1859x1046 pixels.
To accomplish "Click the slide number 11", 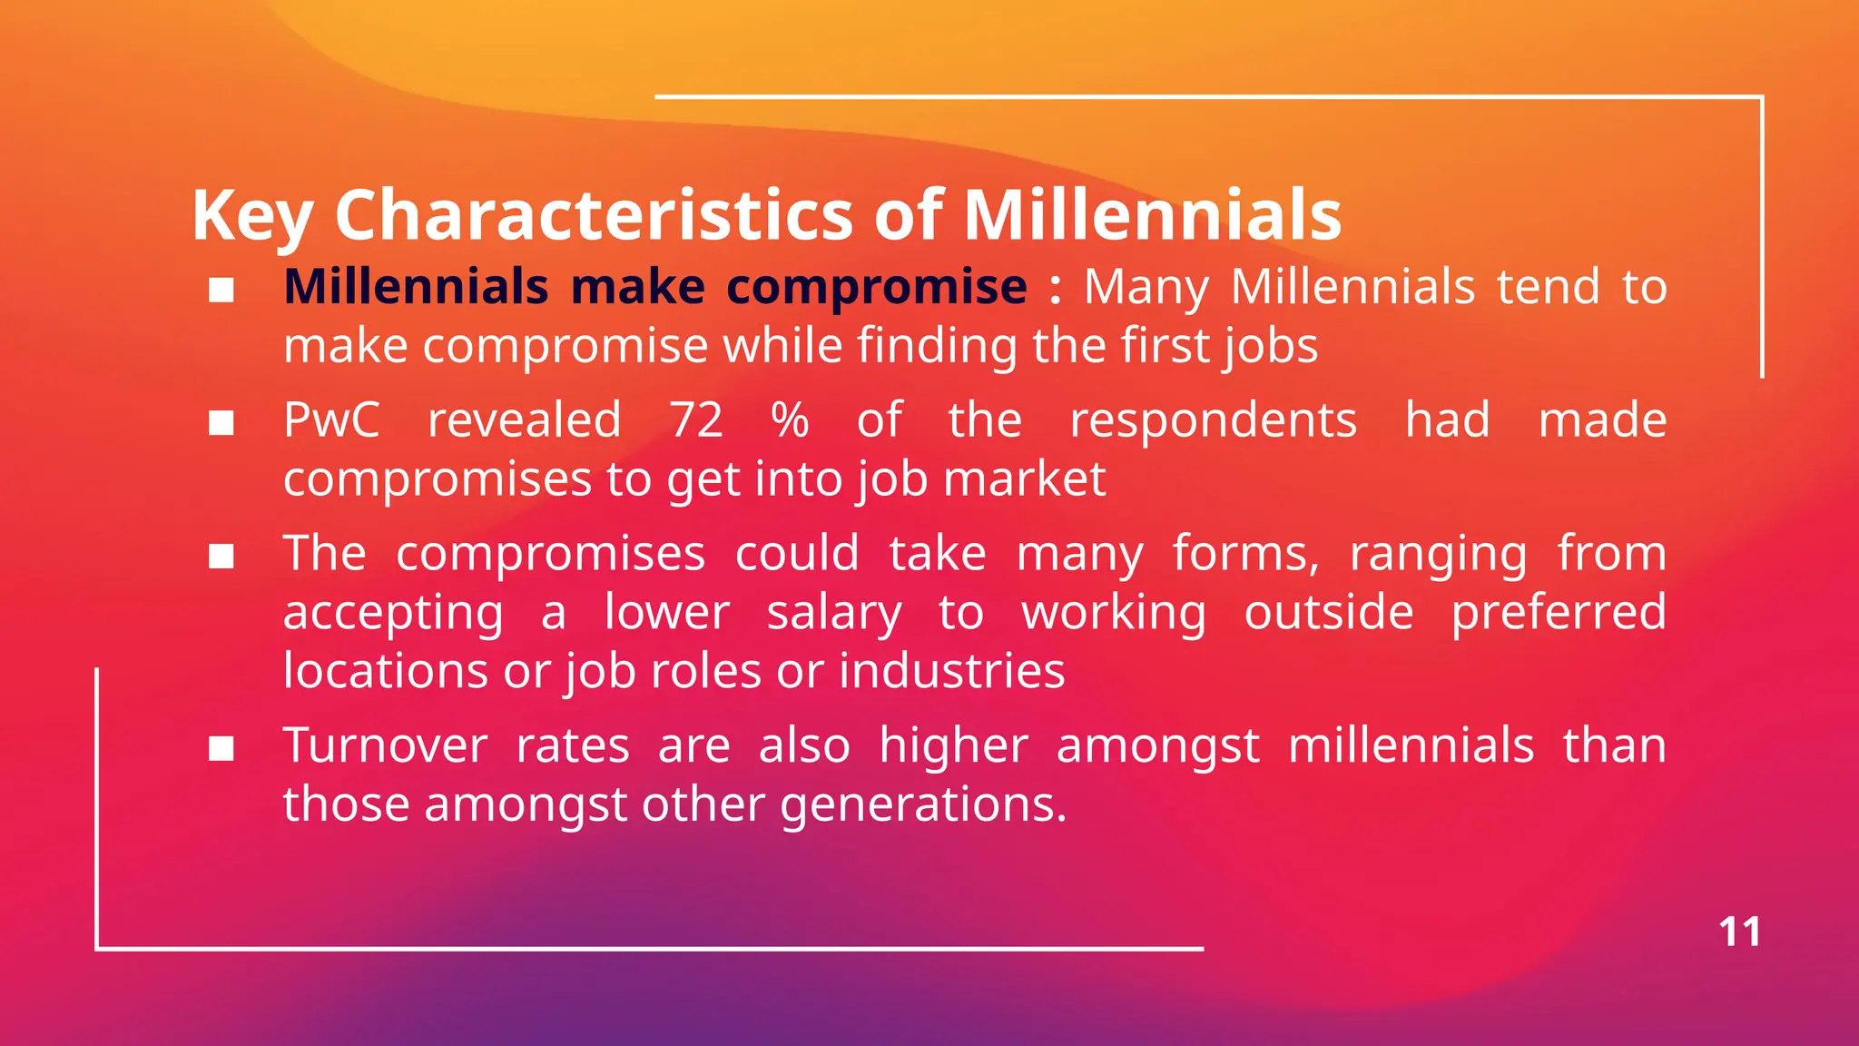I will click(x=1739, y=933).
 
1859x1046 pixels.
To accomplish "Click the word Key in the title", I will click(x=252, y=215).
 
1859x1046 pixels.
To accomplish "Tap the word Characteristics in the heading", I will click(x=594, y=215).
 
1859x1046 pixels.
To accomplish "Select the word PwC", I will click(x=331, y=420).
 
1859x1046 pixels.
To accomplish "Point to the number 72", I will click(x=696, y=420).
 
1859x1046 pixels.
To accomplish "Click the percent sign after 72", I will click(x=790, y=420).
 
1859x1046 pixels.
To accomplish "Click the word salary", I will click(x=834, y=614).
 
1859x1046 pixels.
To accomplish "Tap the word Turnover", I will click(x=386, y=746).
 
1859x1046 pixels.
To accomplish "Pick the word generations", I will click(x=922, y=805).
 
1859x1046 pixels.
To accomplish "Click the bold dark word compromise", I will click(x=877, y=289).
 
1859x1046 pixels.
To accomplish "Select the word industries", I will click(x=951, y=672).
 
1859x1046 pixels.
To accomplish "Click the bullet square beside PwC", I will click(x=221, y=423).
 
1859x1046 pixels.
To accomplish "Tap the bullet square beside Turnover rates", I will click(x=221, y=749).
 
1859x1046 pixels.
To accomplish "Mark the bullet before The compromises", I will click(x=221, y=556).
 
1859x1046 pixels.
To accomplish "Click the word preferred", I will click(x=1559, y=614).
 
